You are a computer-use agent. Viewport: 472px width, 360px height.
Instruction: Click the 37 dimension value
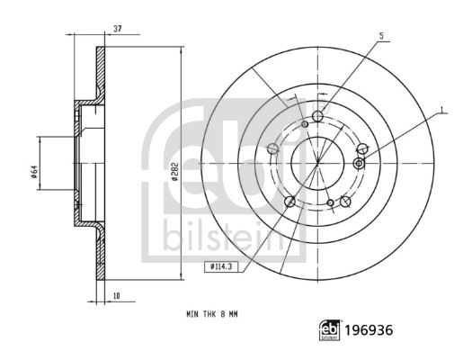(x=117, y=29)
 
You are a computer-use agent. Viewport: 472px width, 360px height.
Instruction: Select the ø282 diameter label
(x=175, y=172)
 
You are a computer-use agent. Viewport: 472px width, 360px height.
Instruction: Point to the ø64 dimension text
(x=34, y=172)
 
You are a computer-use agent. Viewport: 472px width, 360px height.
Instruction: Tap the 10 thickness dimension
(x=117, y=296)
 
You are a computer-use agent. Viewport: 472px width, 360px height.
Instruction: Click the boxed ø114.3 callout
(x=221, y=267)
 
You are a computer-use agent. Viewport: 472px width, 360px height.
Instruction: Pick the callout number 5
(x=381, y=36)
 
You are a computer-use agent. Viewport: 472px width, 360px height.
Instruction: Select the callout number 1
(x=442, y=110)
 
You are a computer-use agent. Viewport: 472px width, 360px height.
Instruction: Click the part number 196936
(x=369, y=330)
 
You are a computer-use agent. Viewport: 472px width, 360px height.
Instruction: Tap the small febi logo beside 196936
(x=329, y=330)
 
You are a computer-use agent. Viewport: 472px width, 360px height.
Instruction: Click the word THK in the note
(x=209, y=314)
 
